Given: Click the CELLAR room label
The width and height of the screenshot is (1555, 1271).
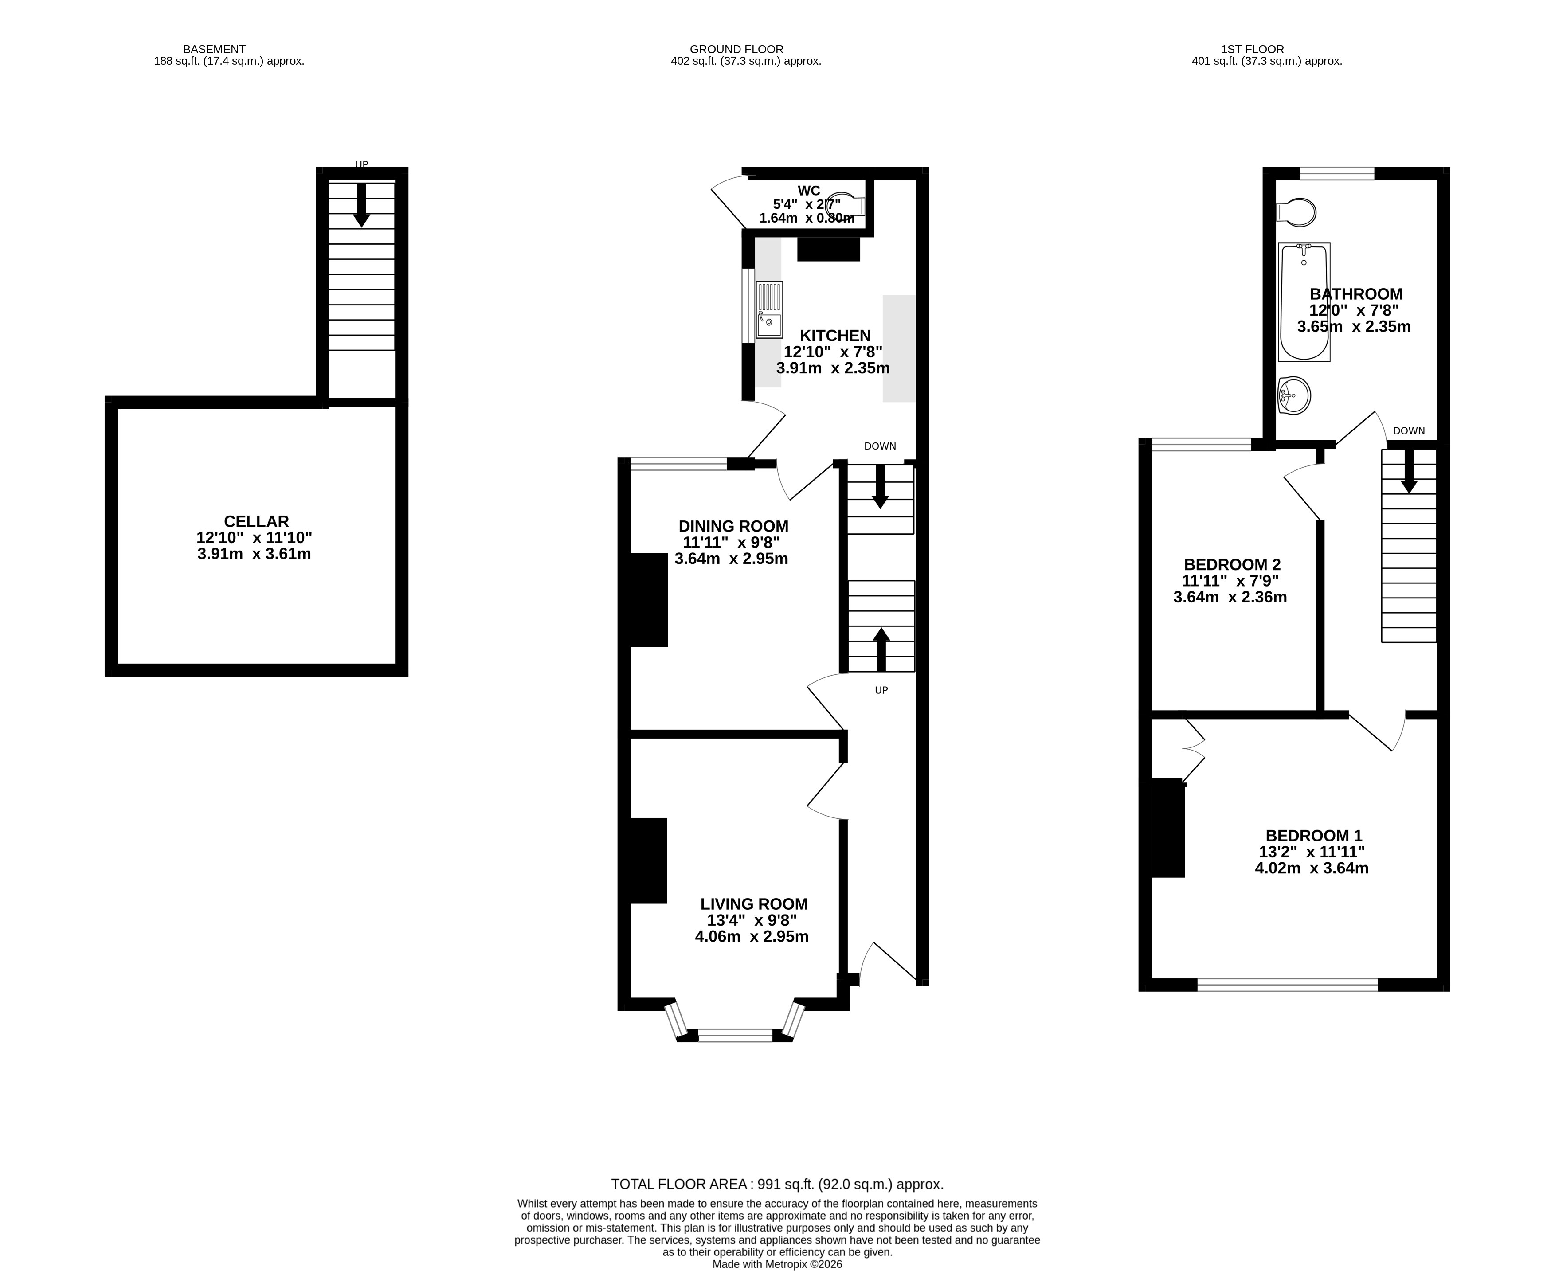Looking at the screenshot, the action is (256, 521).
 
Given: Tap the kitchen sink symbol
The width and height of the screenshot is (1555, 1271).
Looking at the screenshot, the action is (769, 310).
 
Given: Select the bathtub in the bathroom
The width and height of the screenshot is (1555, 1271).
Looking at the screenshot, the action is (1304, 302).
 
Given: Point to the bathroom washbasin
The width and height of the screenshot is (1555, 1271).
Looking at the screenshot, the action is (1294, 396).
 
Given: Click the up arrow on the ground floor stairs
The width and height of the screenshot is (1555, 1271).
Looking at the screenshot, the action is (881, 649).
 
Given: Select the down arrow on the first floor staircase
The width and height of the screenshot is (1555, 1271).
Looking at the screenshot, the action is (1409, 472).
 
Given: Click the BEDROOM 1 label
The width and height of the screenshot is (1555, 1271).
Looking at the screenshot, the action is (1313, 835).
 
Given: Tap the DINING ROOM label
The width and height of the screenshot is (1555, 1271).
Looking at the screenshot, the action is (733, 526).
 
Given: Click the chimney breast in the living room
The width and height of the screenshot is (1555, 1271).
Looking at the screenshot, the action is (649, 860).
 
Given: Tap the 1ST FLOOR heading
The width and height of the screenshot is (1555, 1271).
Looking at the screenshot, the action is (1252, 49).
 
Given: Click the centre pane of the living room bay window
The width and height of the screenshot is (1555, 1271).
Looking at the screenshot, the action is (735, 1035).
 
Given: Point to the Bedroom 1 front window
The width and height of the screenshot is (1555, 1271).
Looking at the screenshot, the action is (1287, 985).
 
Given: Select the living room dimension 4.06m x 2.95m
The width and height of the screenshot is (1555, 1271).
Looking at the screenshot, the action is (751, 936).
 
